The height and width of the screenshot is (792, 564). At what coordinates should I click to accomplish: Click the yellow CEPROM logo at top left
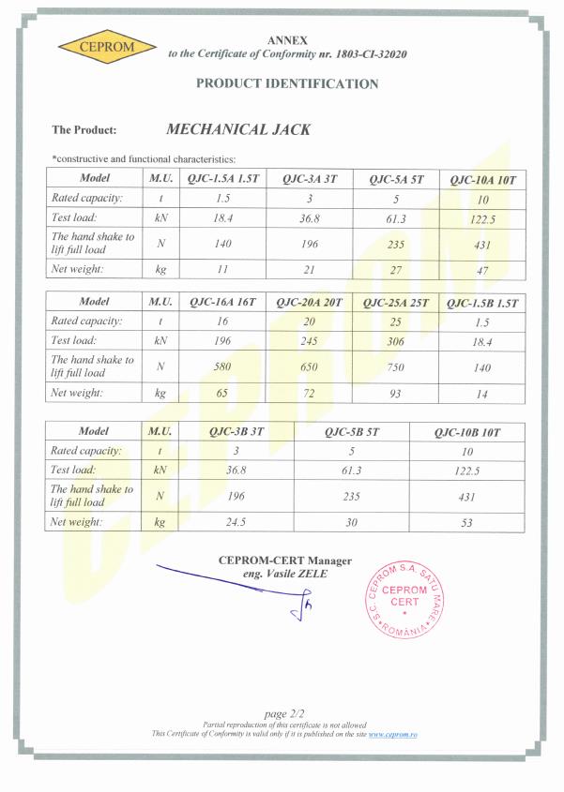tap(97, 46)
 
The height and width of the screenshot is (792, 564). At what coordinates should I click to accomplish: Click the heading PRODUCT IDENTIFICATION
tap(287, 83)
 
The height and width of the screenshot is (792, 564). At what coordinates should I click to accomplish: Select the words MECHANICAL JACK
tap(237, 130)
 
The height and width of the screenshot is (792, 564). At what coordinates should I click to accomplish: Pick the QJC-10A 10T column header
tap(482, 178)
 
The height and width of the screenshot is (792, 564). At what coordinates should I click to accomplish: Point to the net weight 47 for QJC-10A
tap(482, 268)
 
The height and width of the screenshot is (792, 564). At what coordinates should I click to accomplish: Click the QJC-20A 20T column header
tap(310, 302)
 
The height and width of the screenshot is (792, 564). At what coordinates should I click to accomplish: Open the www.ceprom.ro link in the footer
tap(393, 734)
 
